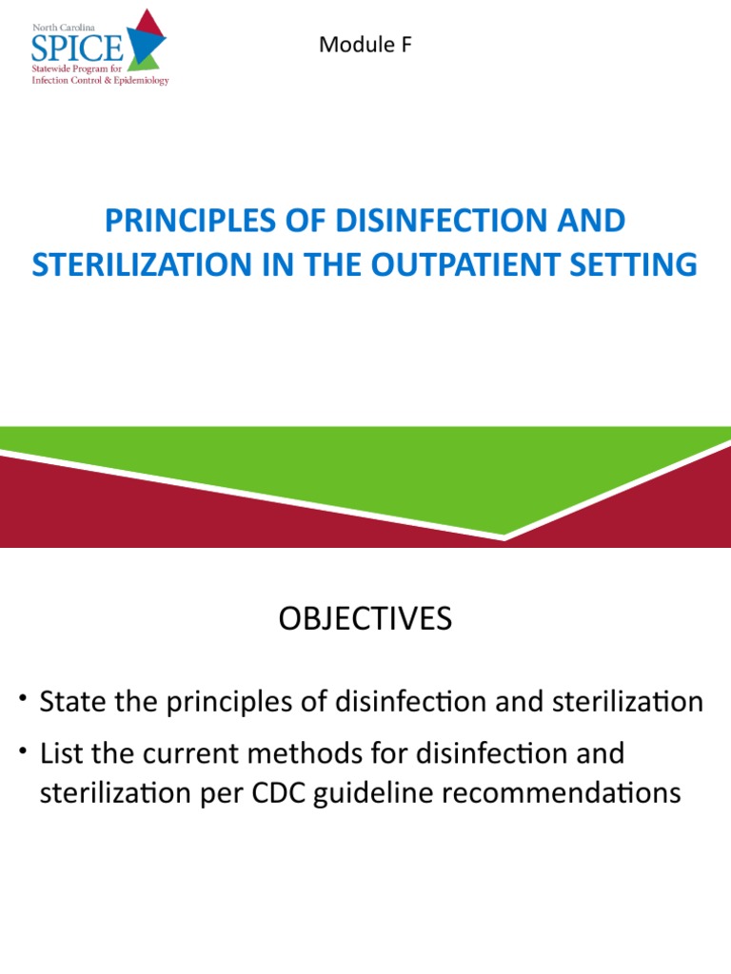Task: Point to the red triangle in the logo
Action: click(x=148, y=23)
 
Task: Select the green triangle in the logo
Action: click(x=148, y=62)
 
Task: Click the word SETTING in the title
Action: click(x=635, y=263)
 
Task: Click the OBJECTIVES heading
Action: click(x=365, y=620)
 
